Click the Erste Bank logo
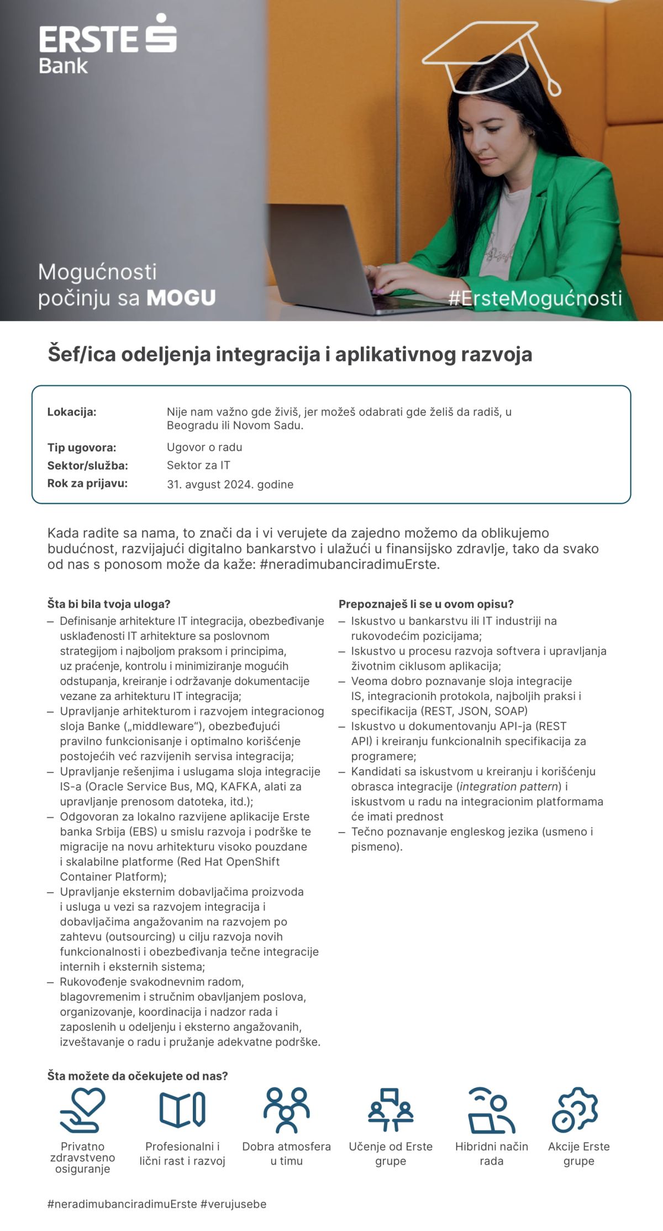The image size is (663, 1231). [x=108, y=44]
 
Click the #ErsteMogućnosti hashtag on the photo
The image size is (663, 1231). [x=535, y=298]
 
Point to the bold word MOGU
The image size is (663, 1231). [x=181, y=298]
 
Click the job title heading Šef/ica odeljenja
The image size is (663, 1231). [x=290, y=354]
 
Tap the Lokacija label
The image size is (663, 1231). [x=72, y=412]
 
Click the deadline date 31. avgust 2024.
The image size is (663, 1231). [x=230, y=485]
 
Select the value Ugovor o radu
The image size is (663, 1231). [x=204, y=447]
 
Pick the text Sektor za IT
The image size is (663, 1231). [x=198, y=465]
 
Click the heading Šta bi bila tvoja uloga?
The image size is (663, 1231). [x=109, y=604]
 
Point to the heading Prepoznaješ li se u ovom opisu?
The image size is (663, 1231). [x=426, y=604]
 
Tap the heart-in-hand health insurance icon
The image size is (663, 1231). [x=82, y=1109]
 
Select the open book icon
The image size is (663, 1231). [x=182, y=1109]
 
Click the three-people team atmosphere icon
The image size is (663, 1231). [x=286, y=1109]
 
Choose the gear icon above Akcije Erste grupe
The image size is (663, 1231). [x=575, y=1109]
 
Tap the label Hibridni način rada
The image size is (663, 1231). [x=491, y=1154]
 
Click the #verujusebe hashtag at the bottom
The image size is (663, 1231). [x=233, y=1204]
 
